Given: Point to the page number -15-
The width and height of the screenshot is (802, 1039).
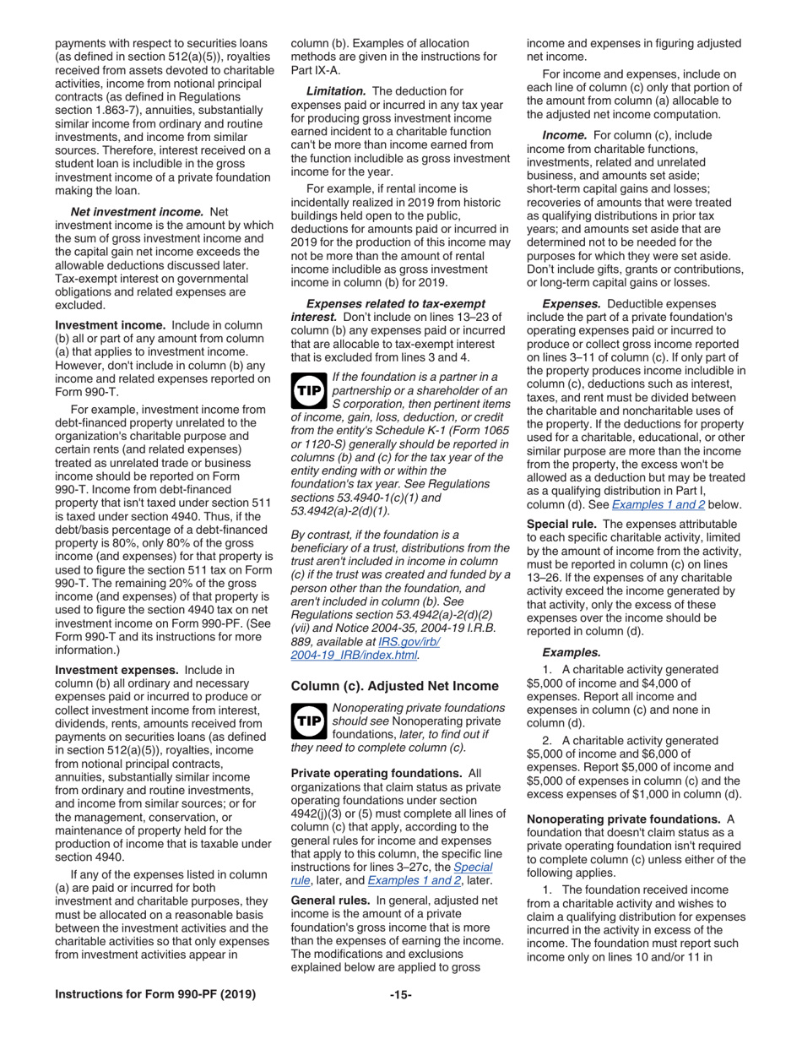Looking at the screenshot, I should coord(400,994).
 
